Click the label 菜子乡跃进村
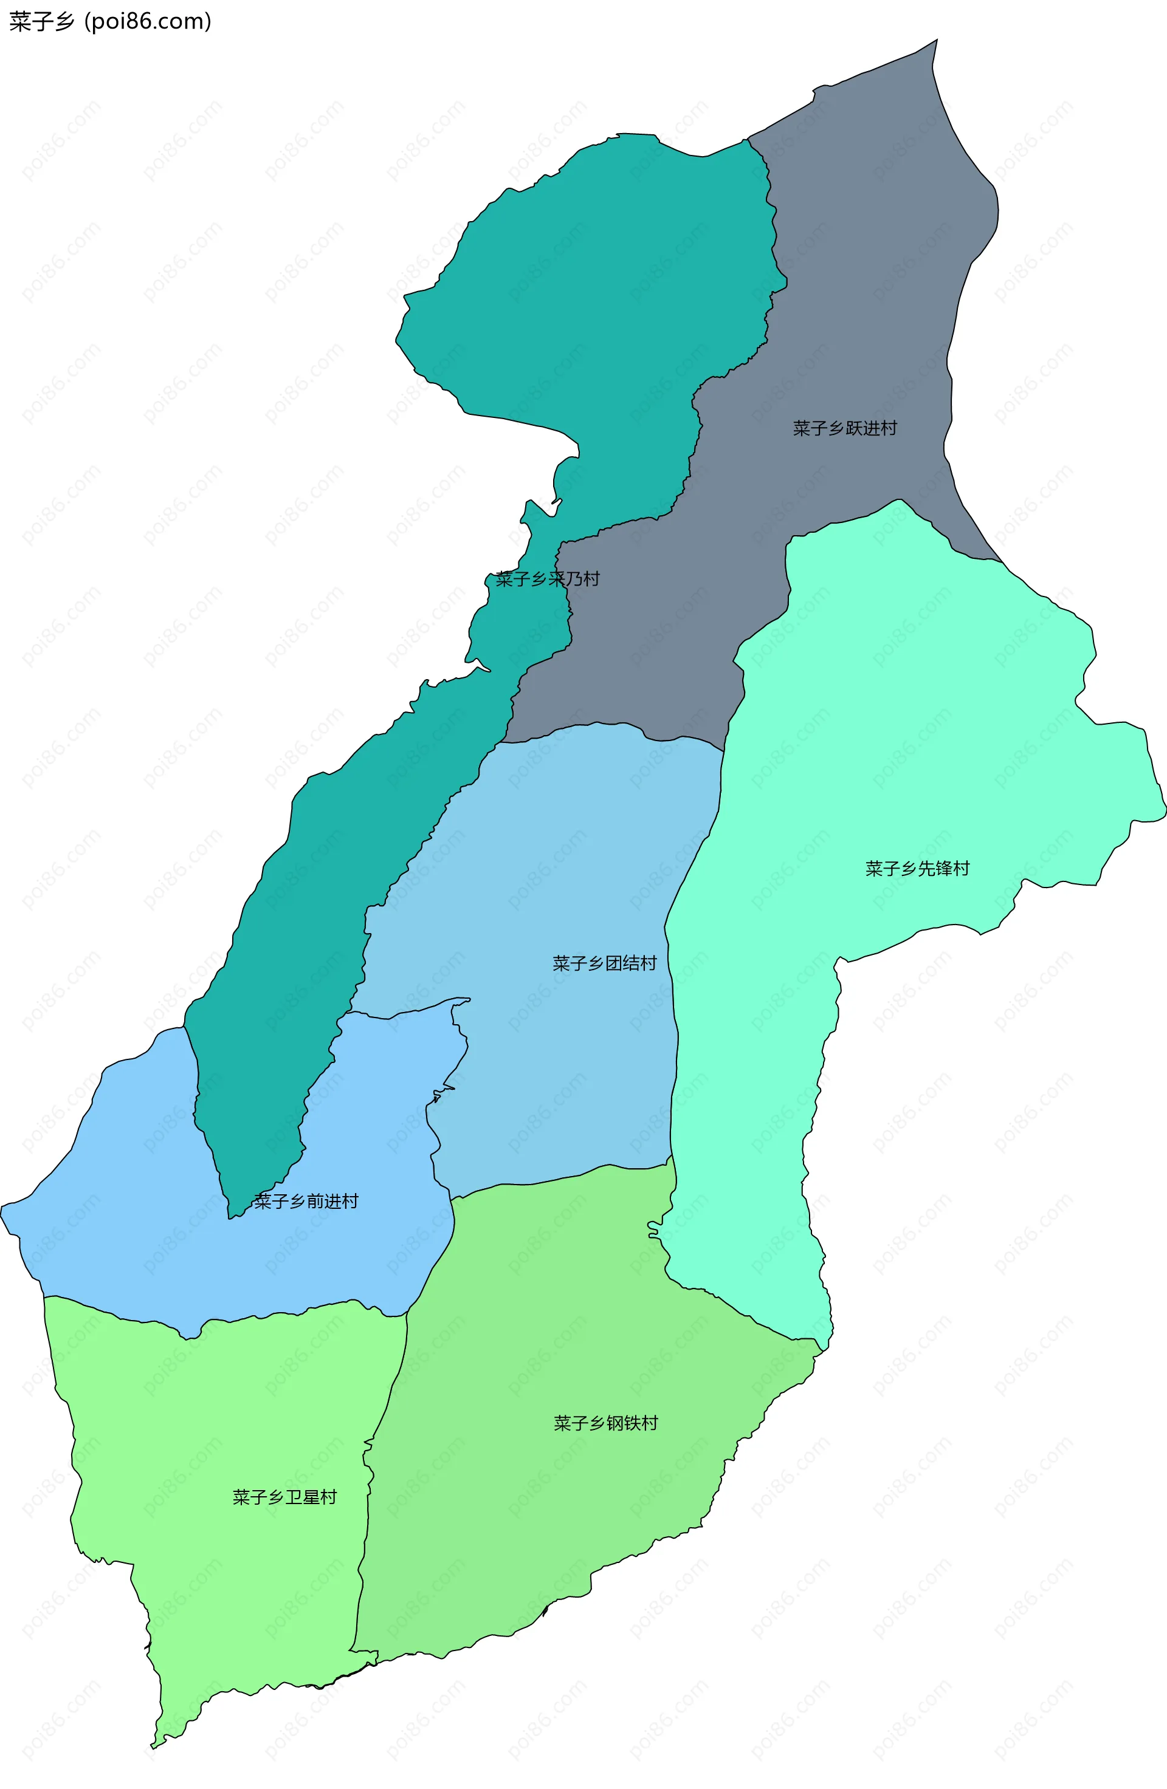pyautogui.click(x=844, y=428)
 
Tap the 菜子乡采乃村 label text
pyautogui.click(x=548, y=579)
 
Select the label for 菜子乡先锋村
pyautogui.click(x=917, y=869)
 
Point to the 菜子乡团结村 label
pyautogui.click(x=605, y=963)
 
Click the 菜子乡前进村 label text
pyautogui.click(x=306, y=1201)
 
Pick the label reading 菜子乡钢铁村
pyautogui.click(x=605, y=1423)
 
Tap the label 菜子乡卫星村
pyautogui.click(x=284, y=1497)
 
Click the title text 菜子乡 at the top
pyautogui.click(x=42, y=22)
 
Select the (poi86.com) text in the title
pyautogui.click(x=148, y=22)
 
